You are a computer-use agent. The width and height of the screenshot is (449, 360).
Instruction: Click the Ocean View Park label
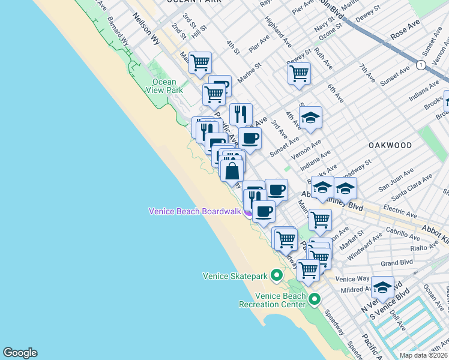pos(164,86)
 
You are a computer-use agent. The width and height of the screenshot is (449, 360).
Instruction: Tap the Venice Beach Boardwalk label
pos(195,211)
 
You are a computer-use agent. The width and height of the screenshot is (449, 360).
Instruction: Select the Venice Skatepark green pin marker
pos(277,276)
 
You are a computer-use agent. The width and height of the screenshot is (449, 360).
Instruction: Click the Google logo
pos(20,353)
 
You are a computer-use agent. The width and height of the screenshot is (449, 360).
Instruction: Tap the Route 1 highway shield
pos(422,64)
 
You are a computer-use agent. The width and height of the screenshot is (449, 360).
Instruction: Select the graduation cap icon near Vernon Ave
pos(310,118)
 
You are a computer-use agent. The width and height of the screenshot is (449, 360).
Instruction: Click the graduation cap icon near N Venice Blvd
pos(382,287)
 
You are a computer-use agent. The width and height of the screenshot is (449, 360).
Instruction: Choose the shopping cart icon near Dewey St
pos(299,73)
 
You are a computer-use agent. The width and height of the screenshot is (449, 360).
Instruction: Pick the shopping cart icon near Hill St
pos(200,62)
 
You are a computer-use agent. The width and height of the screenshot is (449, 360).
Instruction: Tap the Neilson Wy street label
pos(147,30)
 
